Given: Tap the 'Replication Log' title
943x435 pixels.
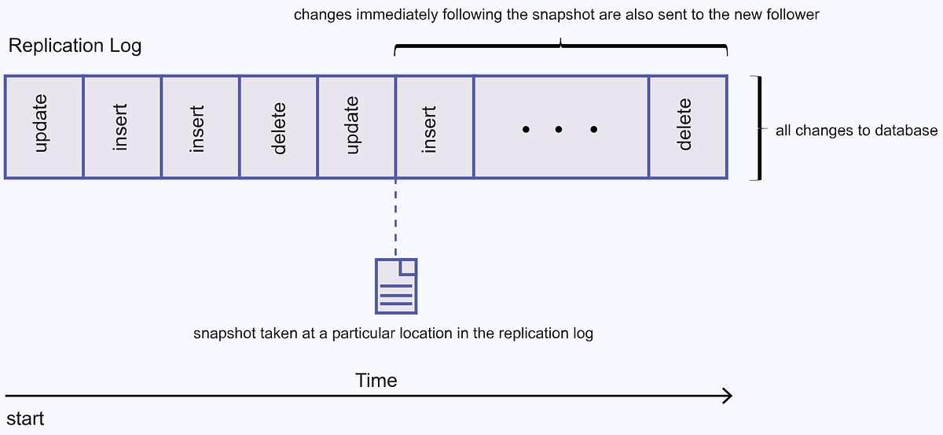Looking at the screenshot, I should [x=75, y=46].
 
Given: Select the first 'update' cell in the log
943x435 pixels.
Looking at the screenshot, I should [x=43, y=127].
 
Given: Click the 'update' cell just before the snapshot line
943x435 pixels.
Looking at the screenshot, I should [x=356, y=127].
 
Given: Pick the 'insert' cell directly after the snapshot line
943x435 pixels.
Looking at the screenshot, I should [x=435, y=127].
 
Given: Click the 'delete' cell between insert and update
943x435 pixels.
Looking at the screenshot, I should [x=278, y=127].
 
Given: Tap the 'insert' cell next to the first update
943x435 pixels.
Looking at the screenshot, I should [x=122, y=127].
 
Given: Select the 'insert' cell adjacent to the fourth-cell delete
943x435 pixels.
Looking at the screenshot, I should [x=200, y=127].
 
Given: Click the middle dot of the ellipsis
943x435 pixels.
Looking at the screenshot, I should [x=559, y=128].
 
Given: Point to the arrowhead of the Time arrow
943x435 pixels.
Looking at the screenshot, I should [x=728, y=395].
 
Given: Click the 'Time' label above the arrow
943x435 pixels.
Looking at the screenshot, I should [x=376, y=381].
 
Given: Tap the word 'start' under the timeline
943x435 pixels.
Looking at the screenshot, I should [x=25, y=418].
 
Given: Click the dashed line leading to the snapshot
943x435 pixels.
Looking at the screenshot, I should [x=395, y=216].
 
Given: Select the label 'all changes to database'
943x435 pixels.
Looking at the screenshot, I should [x=857, y=131].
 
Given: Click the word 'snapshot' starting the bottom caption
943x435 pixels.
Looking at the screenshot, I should [x=222, y=334].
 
